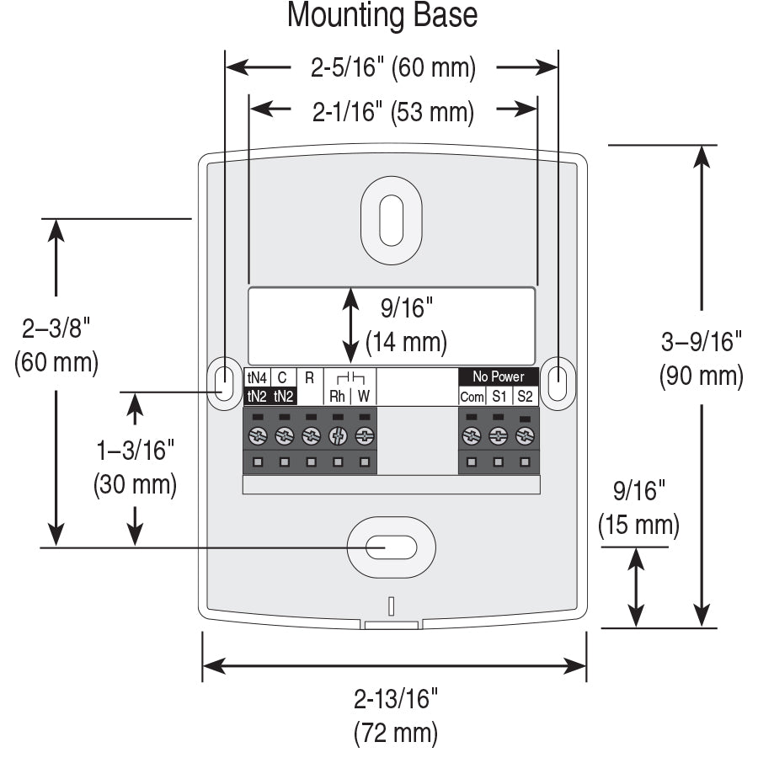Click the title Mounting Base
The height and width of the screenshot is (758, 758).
[382, 16]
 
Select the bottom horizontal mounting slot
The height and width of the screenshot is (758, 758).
[391, 547]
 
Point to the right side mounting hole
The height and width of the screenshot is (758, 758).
[557, 383]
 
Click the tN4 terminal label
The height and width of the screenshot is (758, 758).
[256, 377]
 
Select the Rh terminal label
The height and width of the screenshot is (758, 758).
[337, 396]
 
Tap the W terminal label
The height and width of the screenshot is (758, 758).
[364, 396]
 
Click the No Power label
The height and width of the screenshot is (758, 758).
[498, 376]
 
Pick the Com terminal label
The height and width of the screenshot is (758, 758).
[472, 397]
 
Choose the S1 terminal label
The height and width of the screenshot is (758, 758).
[499, 397]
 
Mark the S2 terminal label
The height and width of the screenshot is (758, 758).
[525, 397]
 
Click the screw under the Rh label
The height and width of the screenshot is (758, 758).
[338, 435]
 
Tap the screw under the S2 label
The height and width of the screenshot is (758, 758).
[525, 435]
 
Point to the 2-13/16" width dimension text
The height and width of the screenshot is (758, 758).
[396, 699]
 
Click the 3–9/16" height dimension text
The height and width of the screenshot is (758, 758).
[701, 341]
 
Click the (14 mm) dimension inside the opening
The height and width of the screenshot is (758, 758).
[406, 343]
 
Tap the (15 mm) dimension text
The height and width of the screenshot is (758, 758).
[638, 525]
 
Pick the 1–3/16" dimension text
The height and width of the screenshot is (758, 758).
[135, 451]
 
